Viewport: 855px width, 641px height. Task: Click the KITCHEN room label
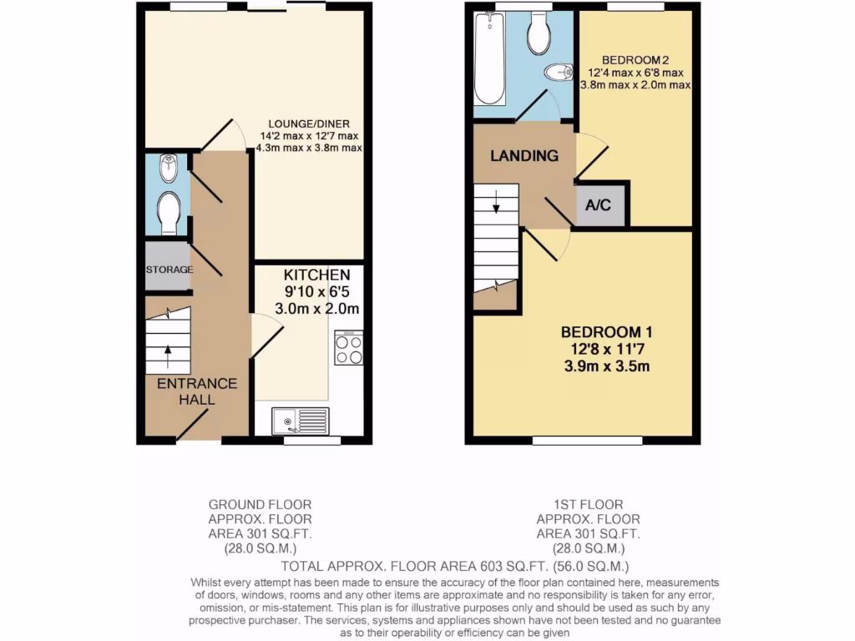316,275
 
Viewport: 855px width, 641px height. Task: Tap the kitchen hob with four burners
348,348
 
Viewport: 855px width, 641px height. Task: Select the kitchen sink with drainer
301,420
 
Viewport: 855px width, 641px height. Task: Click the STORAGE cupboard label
169,270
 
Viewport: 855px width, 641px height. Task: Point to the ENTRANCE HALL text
197,391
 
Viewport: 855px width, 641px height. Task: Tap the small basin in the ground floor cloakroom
168,169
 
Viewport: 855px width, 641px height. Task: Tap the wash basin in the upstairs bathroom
558,74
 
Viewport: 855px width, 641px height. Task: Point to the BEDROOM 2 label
635,60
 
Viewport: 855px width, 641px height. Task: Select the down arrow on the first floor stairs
496,201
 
